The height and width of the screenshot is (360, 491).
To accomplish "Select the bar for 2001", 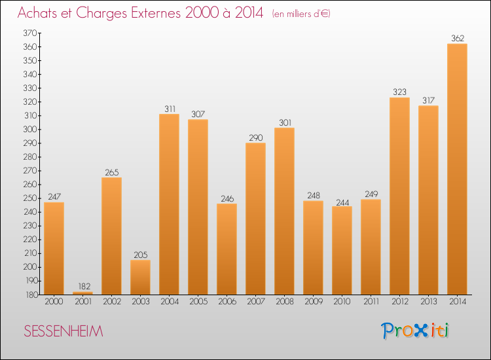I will coord(82,293).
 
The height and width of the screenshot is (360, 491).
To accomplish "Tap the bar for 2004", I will coord(169,204).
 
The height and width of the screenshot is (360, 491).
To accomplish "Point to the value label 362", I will coord(457,38).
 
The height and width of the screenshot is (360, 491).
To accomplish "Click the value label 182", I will coord(82,286).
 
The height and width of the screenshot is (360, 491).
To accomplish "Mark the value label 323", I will coord(399,92).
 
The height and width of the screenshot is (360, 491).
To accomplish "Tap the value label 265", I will coord(111,171).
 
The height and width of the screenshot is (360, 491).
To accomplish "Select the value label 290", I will coord(255,137).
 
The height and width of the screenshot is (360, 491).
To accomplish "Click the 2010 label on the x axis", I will coord(342,302).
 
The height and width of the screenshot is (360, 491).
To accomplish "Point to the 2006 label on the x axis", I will coord(227,302).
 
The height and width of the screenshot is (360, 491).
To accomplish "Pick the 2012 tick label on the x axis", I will coord(399,302).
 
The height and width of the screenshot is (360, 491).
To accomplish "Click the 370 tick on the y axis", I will coord(29,33).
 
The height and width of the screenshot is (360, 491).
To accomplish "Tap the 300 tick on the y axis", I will coord(29,129).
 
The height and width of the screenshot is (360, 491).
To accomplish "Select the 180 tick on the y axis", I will coord(29,295).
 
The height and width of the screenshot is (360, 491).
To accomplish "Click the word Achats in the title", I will coord(39,14).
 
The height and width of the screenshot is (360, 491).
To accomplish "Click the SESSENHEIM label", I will coord(63,331).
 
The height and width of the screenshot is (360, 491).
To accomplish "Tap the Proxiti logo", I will coord(415,331).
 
